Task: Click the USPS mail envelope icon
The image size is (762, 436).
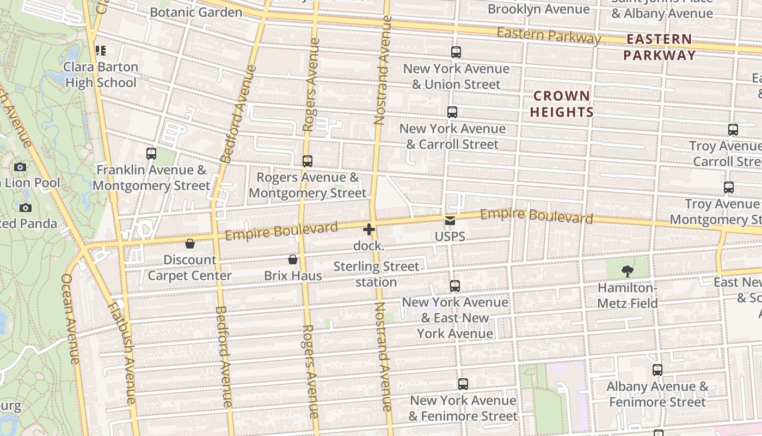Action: pos(450,221)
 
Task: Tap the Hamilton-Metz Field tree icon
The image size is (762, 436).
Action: pos(627,271)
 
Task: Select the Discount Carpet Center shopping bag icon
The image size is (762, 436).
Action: pos(190,244)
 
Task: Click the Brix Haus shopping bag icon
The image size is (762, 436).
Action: pos(293,259)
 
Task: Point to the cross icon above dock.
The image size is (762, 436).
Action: pos(369,229)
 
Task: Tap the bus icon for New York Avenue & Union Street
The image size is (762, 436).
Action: pos(456,52)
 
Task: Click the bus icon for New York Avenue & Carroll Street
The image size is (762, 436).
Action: pos(452,112)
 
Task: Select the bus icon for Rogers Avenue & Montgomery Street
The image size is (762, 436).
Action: pos(308,161)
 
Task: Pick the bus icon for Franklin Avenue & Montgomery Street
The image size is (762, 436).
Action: pos(151,154)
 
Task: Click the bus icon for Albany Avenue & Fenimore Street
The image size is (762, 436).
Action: pos(657,370)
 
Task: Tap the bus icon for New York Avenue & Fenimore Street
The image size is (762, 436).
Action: pos(463,384)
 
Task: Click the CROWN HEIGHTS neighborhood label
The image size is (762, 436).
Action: pos(562,104)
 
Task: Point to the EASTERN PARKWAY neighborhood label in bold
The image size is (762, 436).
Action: pos(659,47)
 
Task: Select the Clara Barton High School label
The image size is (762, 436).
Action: pos(101,75)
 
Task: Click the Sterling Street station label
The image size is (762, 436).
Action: pos(376,274)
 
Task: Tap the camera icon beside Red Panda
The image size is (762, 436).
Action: pos(25,208)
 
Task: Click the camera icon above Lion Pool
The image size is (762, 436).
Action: pos(20,167)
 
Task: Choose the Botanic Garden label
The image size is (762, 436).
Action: pos(196,12)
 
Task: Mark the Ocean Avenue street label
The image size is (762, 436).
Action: pos(71,319)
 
